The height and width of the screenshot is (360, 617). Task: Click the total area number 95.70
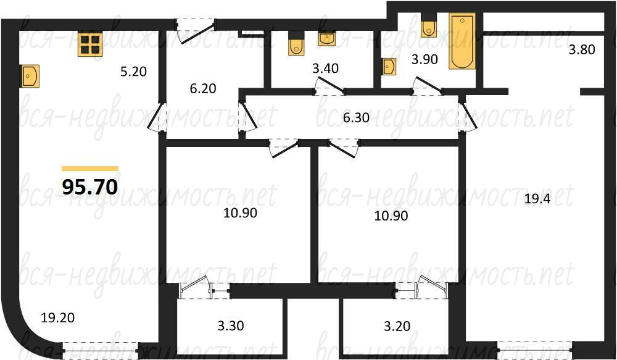point(90,186)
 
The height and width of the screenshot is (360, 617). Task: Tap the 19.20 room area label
point(57,317)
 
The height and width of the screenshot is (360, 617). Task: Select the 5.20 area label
point(133,72)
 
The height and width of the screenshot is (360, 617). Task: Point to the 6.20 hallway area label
point(203,89)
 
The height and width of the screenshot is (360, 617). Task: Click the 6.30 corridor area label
point(356,117)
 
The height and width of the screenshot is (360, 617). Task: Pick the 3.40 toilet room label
point(325,69)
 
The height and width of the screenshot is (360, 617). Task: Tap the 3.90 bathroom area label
point(424,59)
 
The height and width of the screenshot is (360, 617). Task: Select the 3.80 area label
point(582,49)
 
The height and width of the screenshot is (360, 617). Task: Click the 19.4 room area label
point(537,199)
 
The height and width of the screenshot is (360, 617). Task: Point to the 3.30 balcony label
point(231,326)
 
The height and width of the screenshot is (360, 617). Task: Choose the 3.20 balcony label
point(397,326)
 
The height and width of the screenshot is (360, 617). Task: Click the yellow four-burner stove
point(90,44)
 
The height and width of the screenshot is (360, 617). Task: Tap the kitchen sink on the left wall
point(30,76)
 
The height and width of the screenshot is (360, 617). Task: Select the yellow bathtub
point(462,41)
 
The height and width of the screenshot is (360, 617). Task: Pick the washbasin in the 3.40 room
point(326,40)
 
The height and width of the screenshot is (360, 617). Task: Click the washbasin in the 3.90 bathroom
point(389,66)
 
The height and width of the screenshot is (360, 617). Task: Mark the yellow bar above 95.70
point(90,169)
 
